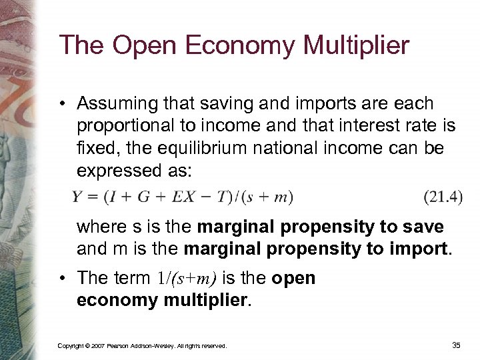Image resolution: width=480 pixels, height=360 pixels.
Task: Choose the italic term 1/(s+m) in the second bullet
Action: click(x=204, y=277)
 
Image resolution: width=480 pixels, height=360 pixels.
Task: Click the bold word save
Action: click(x=425, y=227)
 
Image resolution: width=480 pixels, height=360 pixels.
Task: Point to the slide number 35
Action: click(x=456, y=345)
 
